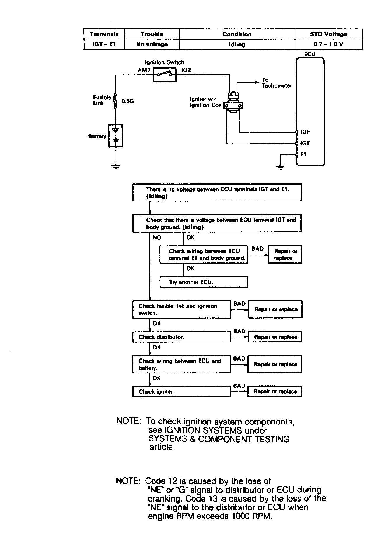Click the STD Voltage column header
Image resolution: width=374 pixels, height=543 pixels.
(x=328, y=34)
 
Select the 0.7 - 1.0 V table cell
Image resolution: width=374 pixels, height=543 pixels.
(x=328, y=44)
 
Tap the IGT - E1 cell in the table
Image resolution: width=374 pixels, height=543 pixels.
(x=104, y=44)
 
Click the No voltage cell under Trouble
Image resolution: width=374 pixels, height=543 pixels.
(x=152, y=44)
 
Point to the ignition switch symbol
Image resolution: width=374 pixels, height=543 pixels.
(x=165, y=75)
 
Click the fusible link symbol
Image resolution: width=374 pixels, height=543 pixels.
(x=115, y=101)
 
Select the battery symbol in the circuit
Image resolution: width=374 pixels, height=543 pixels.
(x=116, y=136)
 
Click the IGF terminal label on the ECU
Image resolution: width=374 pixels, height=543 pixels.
(x=305, y=132)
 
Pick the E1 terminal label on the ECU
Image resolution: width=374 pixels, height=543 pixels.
(x=304, y=154)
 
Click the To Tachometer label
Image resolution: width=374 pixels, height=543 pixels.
(x=277, y=83)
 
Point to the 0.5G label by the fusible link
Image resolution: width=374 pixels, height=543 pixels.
(x=128, y=101)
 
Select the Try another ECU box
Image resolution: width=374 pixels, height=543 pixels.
(x=204, y=282)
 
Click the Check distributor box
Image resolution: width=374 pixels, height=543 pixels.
(x=181, y=337)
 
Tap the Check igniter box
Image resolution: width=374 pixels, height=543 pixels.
(x=181, y=391)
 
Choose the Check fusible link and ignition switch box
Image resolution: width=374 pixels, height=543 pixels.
(x=181, y=309)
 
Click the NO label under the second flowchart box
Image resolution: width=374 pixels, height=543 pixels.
(x=157, y=238)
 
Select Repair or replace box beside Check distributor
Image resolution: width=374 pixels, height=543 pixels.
(x=275, y=337)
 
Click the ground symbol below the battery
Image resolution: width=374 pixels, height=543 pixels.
(x=116, y=167)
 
